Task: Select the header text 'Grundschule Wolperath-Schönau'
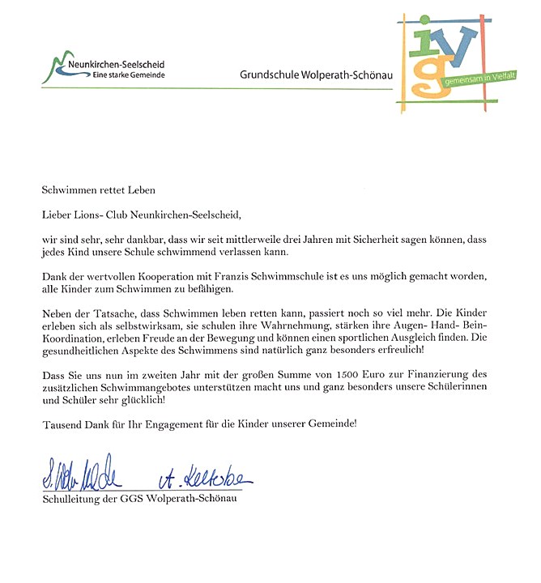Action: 316,74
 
